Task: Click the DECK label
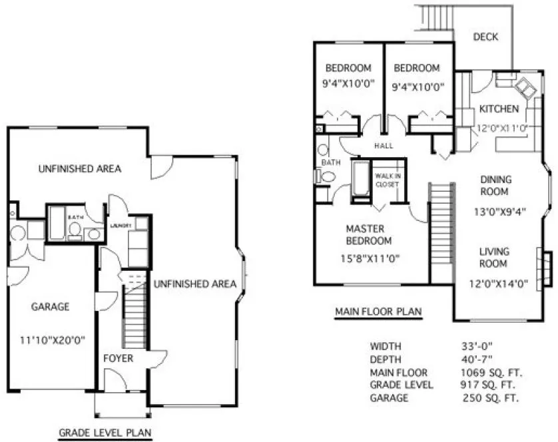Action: (x=485, y=37)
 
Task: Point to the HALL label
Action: (x=384, y=146)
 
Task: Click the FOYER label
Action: (x=118, y=358)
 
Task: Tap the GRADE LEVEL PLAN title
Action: (x=104, y=433)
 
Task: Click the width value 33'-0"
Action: (x=477, y=346)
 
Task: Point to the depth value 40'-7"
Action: (x=477, y=359)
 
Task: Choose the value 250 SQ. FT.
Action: (x=491, y=398)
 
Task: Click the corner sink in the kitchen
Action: (x=526, y=87)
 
